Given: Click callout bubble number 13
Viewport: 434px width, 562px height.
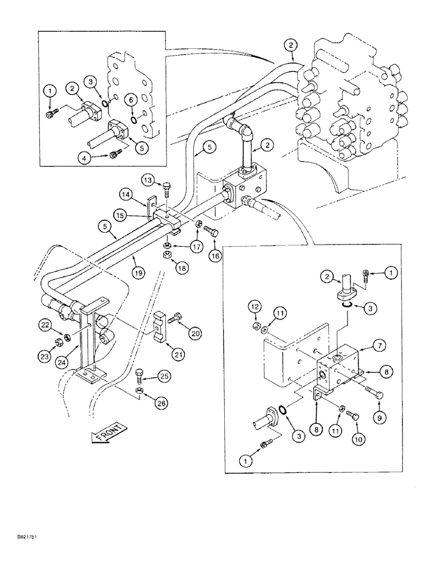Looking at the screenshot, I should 148,180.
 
